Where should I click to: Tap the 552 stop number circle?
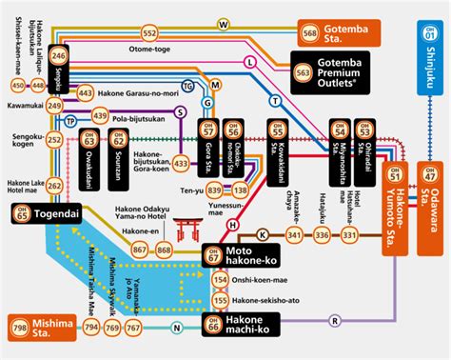[x=150, y=33]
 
